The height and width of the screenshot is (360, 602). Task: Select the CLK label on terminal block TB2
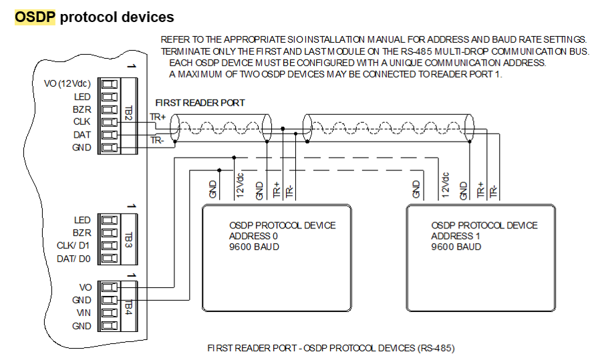[x=82, y=122]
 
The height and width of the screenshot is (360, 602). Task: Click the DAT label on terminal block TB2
[x=82, y=135]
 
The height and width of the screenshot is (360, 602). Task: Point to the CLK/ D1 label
[x=74, y=245]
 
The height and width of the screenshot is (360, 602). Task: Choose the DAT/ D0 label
[x=74, y=258]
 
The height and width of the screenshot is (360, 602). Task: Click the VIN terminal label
[x=83, y=313]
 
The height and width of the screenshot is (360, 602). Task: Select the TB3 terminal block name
[x=129, y=238]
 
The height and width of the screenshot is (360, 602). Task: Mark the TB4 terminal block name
[x=129, y=307]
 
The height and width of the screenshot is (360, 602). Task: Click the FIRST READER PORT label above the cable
[x=200, y=103]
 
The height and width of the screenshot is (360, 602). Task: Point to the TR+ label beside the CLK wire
[x=158, y=117]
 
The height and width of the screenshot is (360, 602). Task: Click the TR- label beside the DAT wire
[x=157, y=140]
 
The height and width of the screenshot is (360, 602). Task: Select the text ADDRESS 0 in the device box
[x=253, y=236]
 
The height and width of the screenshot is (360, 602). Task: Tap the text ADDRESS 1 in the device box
[x=455, y=236]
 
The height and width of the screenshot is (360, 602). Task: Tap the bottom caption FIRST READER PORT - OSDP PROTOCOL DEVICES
[x=331, y=349]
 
